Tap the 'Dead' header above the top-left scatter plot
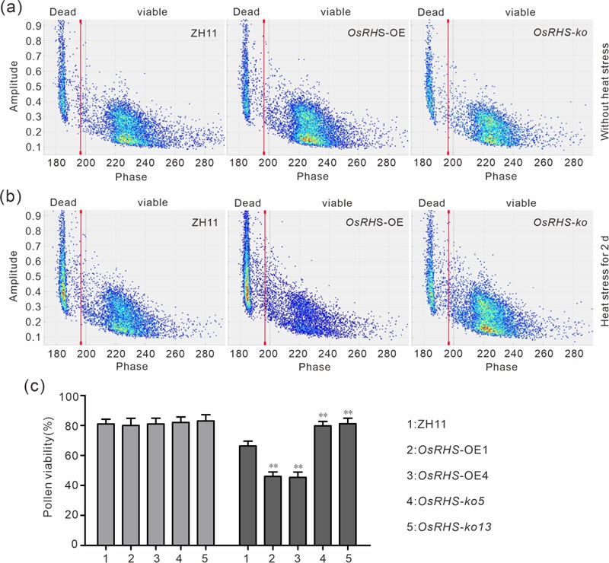(x=62, y=12)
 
